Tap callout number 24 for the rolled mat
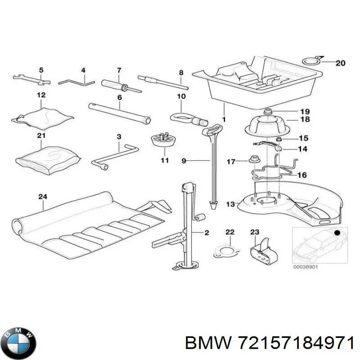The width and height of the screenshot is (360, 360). (x=43, y=196)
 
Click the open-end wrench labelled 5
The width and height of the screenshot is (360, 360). (x=31, y=80)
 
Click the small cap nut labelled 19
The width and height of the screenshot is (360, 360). (x=268, y=112)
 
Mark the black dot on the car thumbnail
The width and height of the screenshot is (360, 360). (x=337, y=232)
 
